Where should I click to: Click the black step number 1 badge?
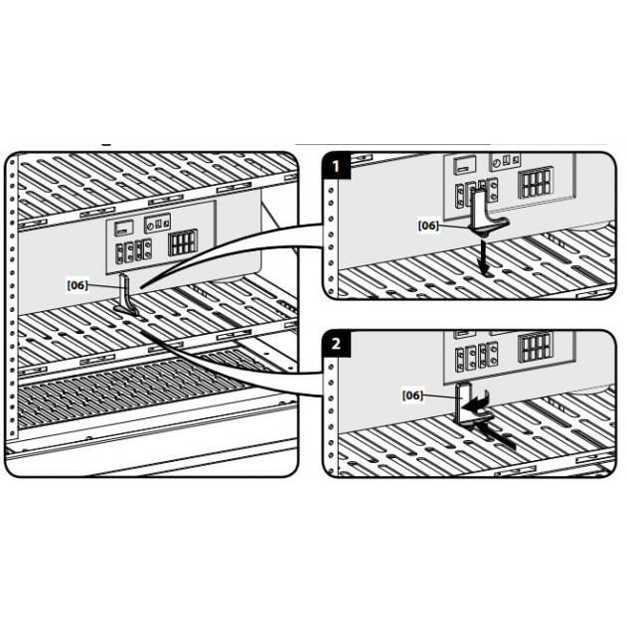coord(337,166)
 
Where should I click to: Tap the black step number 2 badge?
coord(337,344)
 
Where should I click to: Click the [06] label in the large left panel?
coord(78,285)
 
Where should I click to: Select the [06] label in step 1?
coord(428,226)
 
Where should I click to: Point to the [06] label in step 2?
coord(412,395)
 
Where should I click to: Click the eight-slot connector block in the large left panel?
coord(183,241)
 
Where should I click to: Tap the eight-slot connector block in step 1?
coord(536,182)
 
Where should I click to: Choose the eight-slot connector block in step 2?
coord(535,347)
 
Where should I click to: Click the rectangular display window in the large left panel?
coord(121,228)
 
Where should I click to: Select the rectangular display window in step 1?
coord(465,164)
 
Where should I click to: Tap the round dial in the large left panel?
coord(150,226)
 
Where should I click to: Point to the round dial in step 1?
coord(497,163)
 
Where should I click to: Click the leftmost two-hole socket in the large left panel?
coord(120,253)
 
